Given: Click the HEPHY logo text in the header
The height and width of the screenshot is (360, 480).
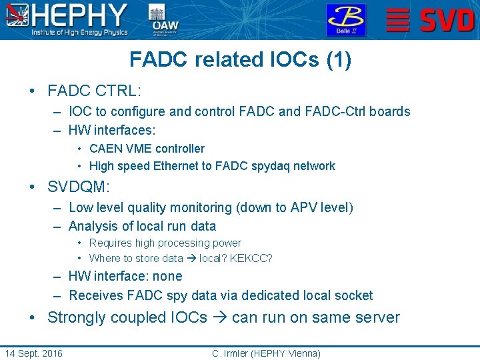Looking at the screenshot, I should click(80, 15).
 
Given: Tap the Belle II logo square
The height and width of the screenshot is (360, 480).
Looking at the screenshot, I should click(345, 20).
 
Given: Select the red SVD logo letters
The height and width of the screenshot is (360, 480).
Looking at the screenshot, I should click(447, 21).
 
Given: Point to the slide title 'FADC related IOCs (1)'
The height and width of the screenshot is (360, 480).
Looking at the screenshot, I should click(240, 60).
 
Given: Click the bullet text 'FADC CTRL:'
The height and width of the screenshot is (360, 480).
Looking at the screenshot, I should click(95, 89).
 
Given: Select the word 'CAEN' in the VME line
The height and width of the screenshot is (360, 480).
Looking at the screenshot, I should click(103, 149).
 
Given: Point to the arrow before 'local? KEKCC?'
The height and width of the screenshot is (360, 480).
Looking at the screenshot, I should click(191, 259).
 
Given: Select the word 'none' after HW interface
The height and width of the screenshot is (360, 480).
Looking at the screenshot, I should click(167, 277).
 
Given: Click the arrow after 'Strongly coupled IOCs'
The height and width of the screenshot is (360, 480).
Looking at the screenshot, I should click(219, 318).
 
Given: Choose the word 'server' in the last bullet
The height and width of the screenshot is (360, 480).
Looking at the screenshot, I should click(377, 318).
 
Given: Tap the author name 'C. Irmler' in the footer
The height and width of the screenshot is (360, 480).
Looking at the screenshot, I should click(230, 353).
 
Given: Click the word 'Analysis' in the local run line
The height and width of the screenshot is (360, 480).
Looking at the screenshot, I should click(93, 226).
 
